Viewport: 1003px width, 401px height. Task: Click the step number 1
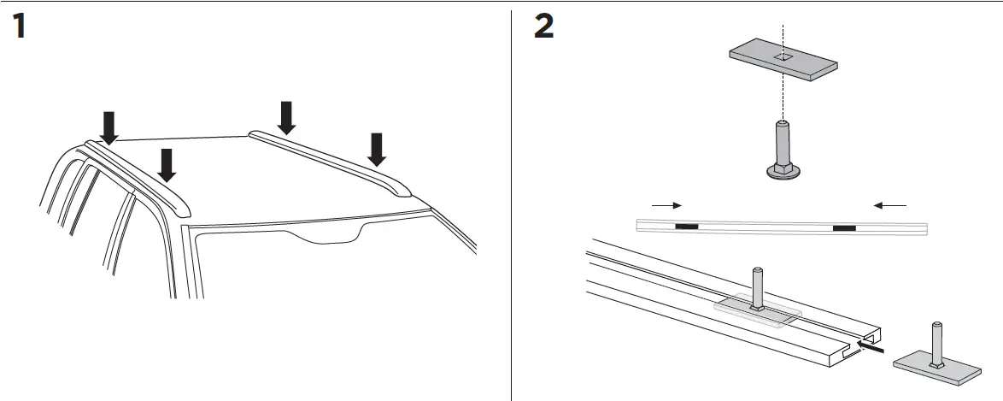18,27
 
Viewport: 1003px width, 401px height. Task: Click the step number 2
543,27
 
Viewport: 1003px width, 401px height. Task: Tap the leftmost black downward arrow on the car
109,127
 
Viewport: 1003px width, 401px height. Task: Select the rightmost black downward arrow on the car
376,149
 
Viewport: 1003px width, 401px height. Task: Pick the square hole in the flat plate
783,58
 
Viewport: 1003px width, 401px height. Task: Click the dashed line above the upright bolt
783,94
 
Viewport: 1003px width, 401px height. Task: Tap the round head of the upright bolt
783,171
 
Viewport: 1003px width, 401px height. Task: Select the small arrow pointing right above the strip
666,205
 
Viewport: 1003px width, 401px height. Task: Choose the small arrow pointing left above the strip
890,205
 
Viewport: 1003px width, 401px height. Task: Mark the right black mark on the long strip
844,227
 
